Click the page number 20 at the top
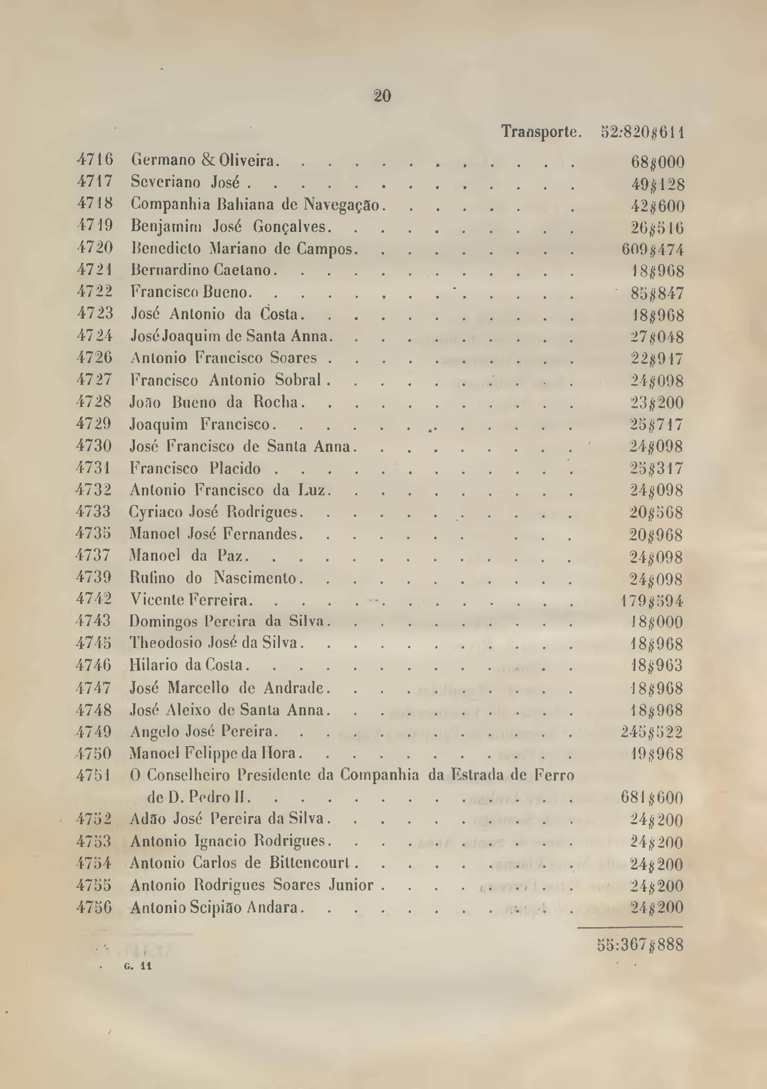[x=382, y=96]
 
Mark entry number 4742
[x=94, y=599]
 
